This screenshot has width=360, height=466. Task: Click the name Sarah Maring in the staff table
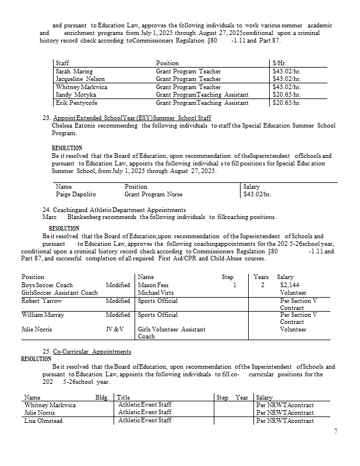[x=74, y=72]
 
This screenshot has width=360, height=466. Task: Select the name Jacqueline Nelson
[x=80, y=79]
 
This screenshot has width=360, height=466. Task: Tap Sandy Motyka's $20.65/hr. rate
[x=287, y=94]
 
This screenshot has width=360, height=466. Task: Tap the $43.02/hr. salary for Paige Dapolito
[x=257, y=194]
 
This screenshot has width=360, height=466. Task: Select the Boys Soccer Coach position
[x=47, y=285]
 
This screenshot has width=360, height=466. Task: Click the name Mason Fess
[x=154, y=285]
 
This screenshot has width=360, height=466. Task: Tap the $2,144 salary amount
[x=290, y=285]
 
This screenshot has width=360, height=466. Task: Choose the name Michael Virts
[x=156, y=293]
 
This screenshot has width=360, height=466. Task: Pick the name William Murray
[x=43, y=315]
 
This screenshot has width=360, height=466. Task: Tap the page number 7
[x=336, y=432]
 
